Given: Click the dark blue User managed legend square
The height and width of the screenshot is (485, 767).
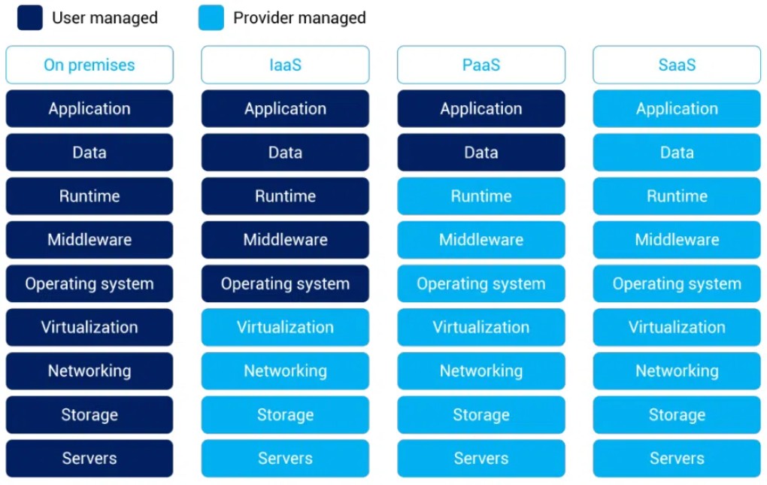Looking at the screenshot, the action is click(x=30, y=17).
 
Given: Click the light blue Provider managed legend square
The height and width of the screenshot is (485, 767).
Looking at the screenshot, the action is click(x=211, y=17).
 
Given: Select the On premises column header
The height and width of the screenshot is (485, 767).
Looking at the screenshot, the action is click(x=89, y=65).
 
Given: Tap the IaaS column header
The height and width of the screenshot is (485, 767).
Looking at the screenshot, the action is click(x=285, y=65).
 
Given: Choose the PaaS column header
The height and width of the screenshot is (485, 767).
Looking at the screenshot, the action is click(x=481, y=65).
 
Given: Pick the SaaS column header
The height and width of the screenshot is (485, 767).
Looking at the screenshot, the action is click(x=677, y=65).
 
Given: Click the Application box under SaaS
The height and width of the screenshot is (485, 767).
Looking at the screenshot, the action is click(x=677, y=108).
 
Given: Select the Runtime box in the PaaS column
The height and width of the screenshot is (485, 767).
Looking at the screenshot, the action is click(x=481, y=196).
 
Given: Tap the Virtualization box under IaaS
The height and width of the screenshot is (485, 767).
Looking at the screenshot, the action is click(x=285, y=327).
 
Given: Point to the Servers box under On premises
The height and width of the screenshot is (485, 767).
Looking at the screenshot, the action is click(x=89, y=458).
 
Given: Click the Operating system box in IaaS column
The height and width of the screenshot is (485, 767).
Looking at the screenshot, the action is click(x=285, y=283).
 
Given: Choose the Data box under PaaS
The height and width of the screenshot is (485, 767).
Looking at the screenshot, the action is click(x=481, y=153).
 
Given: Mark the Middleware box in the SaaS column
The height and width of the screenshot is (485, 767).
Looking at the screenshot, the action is click(x=677, y=240).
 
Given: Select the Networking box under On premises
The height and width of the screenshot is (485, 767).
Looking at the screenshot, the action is click(x=89, y=371).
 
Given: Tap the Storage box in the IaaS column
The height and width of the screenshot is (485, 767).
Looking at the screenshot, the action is click(x=285, y=414).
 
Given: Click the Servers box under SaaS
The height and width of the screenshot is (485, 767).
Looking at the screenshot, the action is click(x=677, y=458).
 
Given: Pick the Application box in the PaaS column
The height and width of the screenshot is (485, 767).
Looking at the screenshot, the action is click(x=481, y=108).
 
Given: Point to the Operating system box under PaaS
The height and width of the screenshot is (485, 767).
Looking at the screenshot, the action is click(x=481, y=283).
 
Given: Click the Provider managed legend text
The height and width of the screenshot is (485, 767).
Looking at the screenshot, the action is click(x=299, y=18).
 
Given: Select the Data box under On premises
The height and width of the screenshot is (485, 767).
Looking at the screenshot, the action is click(x=89, y=153).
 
